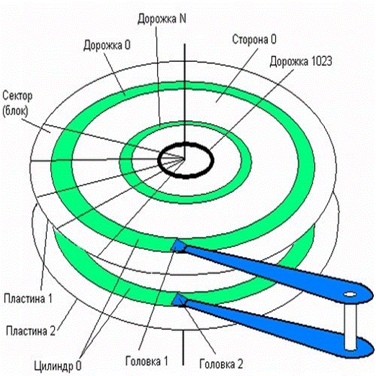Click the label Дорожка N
pos(162,19)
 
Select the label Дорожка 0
pos(107,45)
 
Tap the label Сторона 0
pos(254,40)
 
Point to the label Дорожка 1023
pos(301,61)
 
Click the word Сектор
pos(17,96)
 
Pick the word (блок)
pos(15,111)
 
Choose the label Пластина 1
pos(28,299)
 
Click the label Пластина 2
pos(31,331)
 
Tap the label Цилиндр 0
pos(58,366)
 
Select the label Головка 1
pos(147,361)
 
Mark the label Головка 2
pos(221,364)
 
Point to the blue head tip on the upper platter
pos(178,246)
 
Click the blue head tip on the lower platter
pos(179,300)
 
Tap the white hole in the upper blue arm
pos(350,294)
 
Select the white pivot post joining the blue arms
pos(350,326)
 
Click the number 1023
pos(321,61)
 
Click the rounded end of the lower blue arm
pos(365,348)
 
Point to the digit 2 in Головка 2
pos(240,364)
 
